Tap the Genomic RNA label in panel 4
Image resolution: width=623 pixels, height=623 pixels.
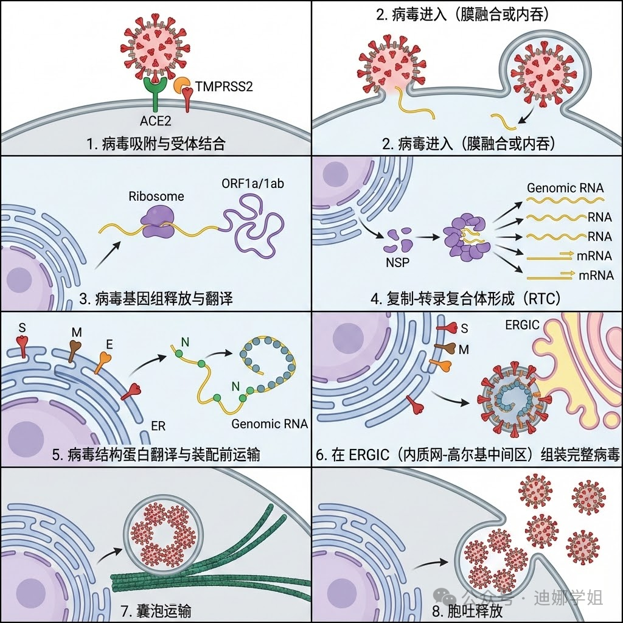[565, 188]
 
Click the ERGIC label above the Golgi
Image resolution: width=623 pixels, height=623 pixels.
[522, 325]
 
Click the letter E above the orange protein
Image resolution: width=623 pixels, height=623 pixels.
[109, 344]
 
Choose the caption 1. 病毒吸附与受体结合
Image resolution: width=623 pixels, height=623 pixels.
[156, 144]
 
